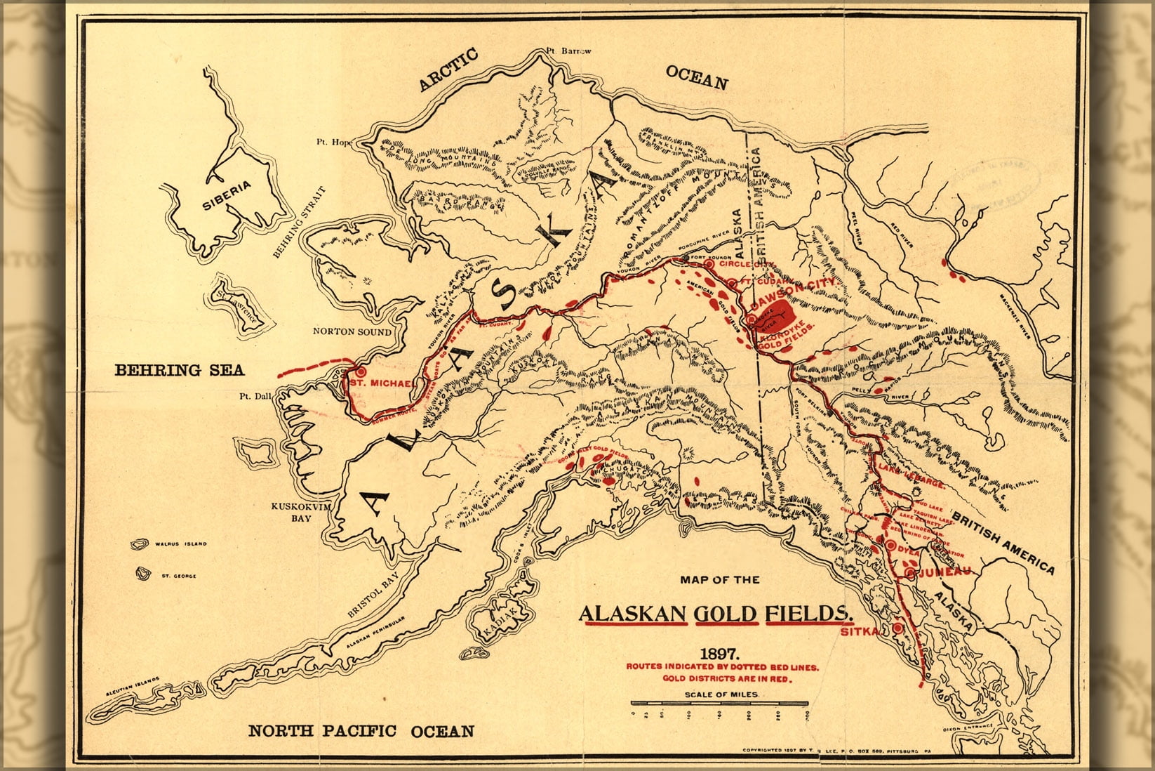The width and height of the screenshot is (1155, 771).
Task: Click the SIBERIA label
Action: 227,196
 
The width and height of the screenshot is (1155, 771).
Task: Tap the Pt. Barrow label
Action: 569,51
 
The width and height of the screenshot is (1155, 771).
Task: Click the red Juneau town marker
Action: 911,574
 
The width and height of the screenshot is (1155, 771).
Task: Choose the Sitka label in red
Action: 858,632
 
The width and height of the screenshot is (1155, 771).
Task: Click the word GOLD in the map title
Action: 726,614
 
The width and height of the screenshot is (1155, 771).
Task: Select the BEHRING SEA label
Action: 179,370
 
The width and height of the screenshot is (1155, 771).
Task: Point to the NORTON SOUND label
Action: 352,331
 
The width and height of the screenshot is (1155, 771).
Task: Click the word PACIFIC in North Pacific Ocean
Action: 361,730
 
